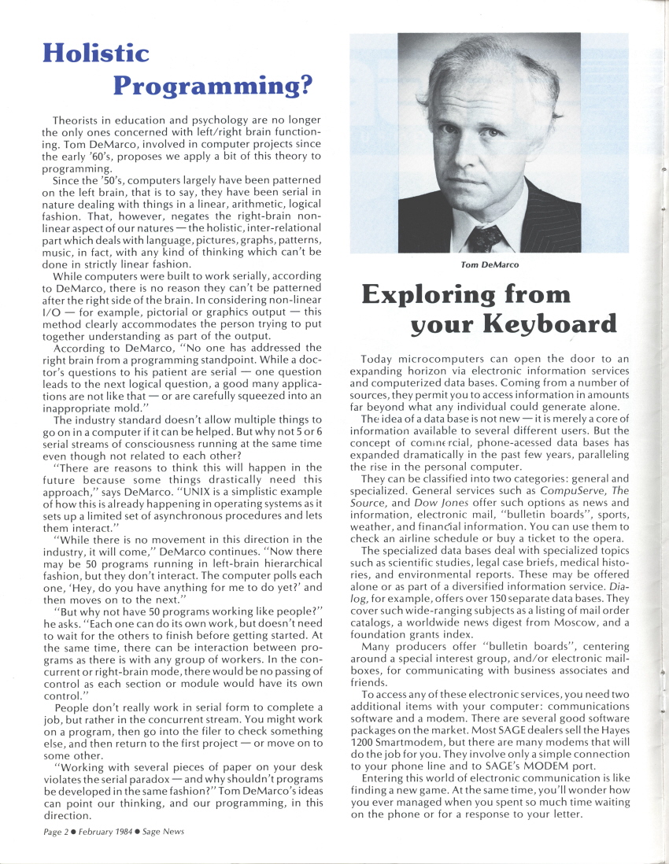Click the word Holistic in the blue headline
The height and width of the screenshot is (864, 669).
coord(95,54)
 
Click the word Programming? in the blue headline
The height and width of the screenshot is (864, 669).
coord(213,84)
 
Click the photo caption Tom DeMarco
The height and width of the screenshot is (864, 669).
coord(489,265)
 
